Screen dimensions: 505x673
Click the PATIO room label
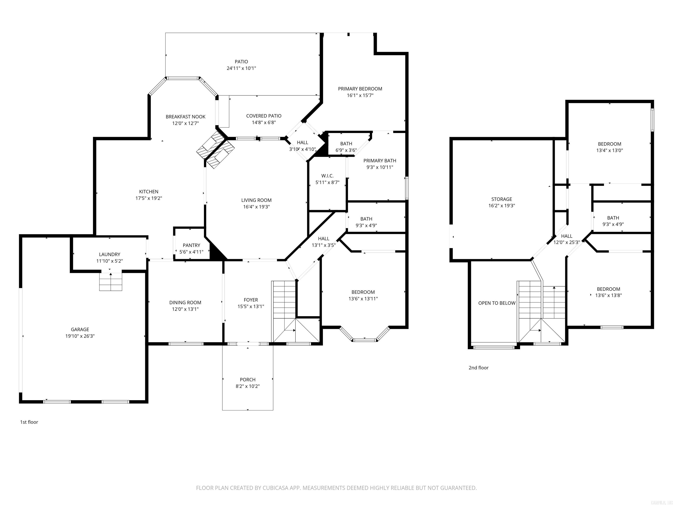[241, 62]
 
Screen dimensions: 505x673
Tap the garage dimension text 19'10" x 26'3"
[80, 336]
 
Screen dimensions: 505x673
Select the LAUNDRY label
[110, 254]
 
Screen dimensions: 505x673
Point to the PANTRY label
[191, 245]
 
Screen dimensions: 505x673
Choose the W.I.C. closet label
[327, 176]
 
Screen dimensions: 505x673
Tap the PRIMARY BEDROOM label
[360, 89]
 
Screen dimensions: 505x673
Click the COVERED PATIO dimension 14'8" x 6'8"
[264, 122]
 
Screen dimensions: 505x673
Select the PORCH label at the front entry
[247, 380]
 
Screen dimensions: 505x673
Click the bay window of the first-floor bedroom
[364, 338]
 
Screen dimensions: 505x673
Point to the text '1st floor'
[29, 422]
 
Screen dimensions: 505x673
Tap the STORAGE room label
[501, 199]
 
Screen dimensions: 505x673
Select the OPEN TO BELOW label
[497, 303]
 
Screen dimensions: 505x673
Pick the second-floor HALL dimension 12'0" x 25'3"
[567, 243]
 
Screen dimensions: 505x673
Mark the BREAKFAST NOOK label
[185, 117]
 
